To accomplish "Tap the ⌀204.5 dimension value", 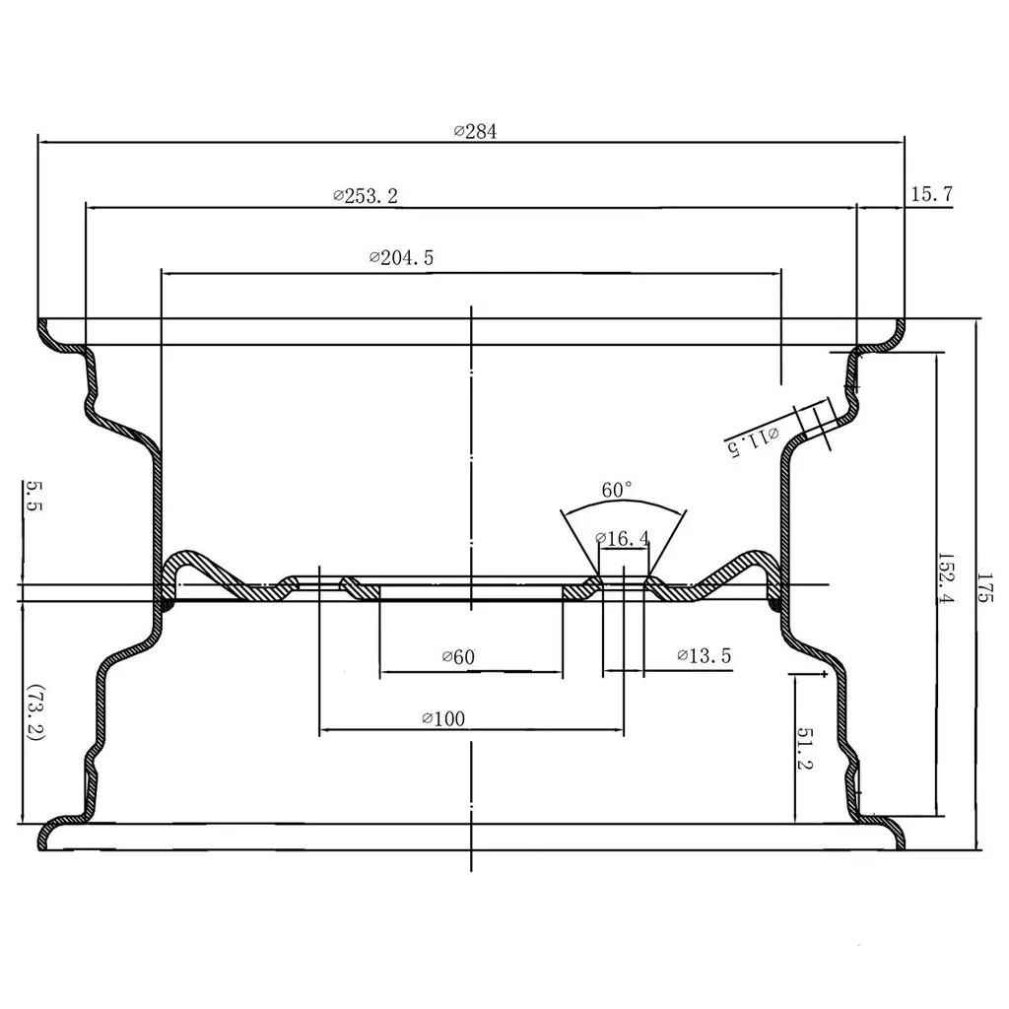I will click(401, 258).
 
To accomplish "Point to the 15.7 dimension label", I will click(930, 194).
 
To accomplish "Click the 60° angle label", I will click(618, 490).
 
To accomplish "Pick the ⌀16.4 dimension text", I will click(623, 538).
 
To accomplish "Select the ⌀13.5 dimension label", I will click(704, 656).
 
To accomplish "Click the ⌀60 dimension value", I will click(458, 656).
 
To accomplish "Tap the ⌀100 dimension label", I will click(442, 719).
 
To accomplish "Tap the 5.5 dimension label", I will click(34, 495).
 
